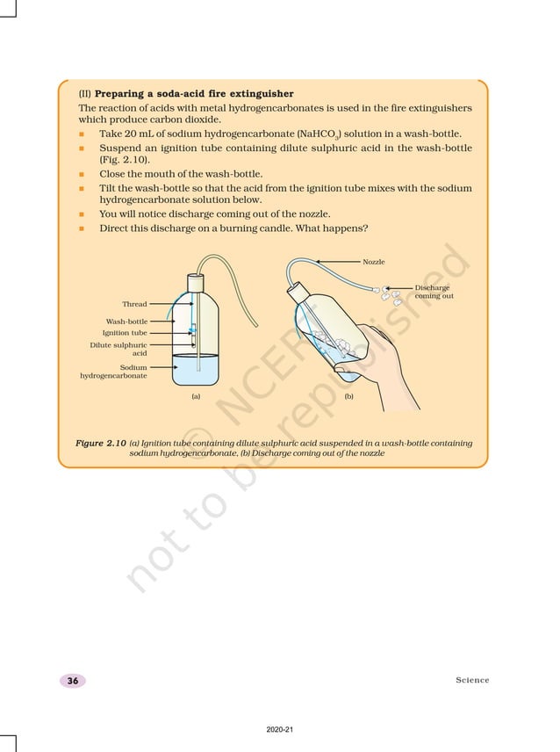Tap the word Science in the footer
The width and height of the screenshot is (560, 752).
[472, 681]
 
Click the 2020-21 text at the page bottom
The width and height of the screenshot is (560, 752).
[279, 729]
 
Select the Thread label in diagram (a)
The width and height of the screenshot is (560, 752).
[134, 304]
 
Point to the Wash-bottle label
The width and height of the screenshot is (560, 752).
[126, 322]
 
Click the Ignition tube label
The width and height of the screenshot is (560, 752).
[125, 333]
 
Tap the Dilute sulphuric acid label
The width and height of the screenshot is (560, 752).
[118, 349]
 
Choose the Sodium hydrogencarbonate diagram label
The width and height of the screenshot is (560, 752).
[114, 372]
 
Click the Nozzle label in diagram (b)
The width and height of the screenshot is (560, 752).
[373, 262]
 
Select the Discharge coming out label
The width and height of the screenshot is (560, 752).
[434, 292]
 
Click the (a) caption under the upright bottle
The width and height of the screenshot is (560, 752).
[196, 397]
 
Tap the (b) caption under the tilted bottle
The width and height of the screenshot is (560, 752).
[348, 397]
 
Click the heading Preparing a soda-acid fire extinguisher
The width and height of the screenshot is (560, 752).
[193, 93]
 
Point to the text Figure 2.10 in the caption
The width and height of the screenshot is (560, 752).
[101, 444]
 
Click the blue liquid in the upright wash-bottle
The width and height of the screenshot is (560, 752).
[197, 372]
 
